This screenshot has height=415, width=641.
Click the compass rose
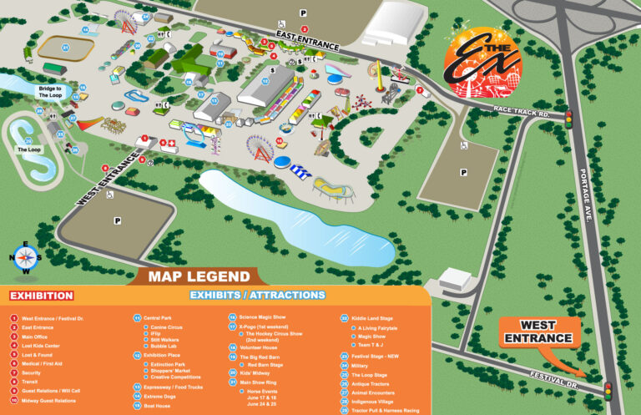coord(26,259)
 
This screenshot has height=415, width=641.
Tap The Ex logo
coord(482,60)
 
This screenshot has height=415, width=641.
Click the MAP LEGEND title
coord(198,277)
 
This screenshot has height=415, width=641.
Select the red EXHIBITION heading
coord(42,296)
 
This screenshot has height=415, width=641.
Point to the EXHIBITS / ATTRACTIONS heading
coord(257,296)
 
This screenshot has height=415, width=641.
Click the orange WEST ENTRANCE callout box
coord(538,332)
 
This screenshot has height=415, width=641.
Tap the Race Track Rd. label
coord(521,109)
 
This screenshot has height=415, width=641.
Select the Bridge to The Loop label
coord(49,91)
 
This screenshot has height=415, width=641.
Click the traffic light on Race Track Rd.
coord(569,119)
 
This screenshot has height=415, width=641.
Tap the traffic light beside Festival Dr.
coord(608,390)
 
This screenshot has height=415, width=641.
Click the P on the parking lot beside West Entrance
coord(117,222)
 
